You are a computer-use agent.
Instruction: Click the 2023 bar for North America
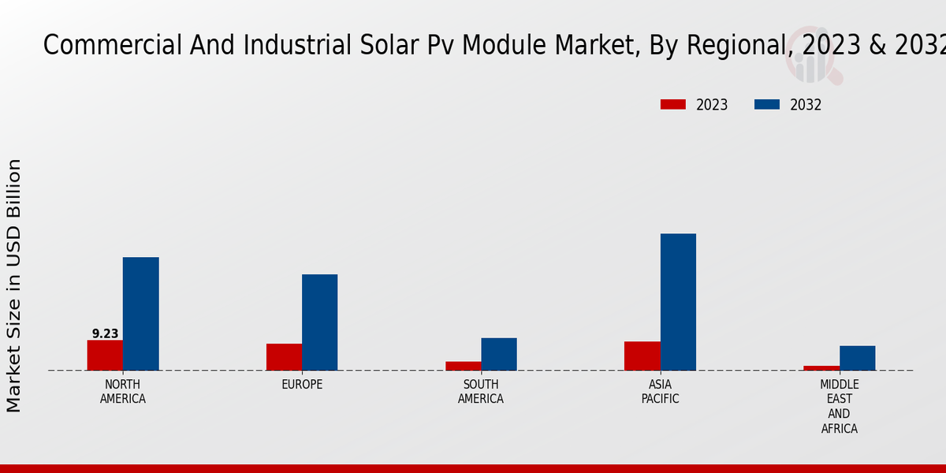pos(105,355)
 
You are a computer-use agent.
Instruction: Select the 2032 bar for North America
pos(140,314)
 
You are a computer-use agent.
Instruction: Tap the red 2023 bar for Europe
pos(284,357)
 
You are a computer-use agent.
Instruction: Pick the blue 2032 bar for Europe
pos(319,322)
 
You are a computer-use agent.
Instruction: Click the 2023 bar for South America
pos(463,366)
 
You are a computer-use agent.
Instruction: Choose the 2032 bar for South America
pos(499,354)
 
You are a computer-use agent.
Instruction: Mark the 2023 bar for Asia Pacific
pos(642,356)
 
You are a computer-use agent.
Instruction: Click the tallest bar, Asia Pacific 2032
pos(678,302)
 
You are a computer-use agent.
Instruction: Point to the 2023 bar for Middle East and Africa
pos(821,368)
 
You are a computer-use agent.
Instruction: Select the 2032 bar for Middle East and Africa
pos(857,358)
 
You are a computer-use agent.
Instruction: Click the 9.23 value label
pos(105,333)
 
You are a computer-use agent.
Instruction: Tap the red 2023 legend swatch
pos(673,105)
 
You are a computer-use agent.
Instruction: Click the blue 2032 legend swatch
pos(767,105)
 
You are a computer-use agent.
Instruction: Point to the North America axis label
pos(123,392)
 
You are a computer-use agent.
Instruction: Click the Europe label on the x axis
pos(302,385)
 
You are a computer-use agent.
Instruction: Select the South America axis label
pos(481,392)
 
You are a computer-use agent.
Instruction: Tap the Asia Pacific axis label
pos(661,392)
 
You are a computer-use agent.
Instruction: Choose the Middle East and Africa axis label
pos(840,407)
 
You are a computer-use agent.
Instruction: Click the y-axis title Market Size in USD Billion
pos(14,285)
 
